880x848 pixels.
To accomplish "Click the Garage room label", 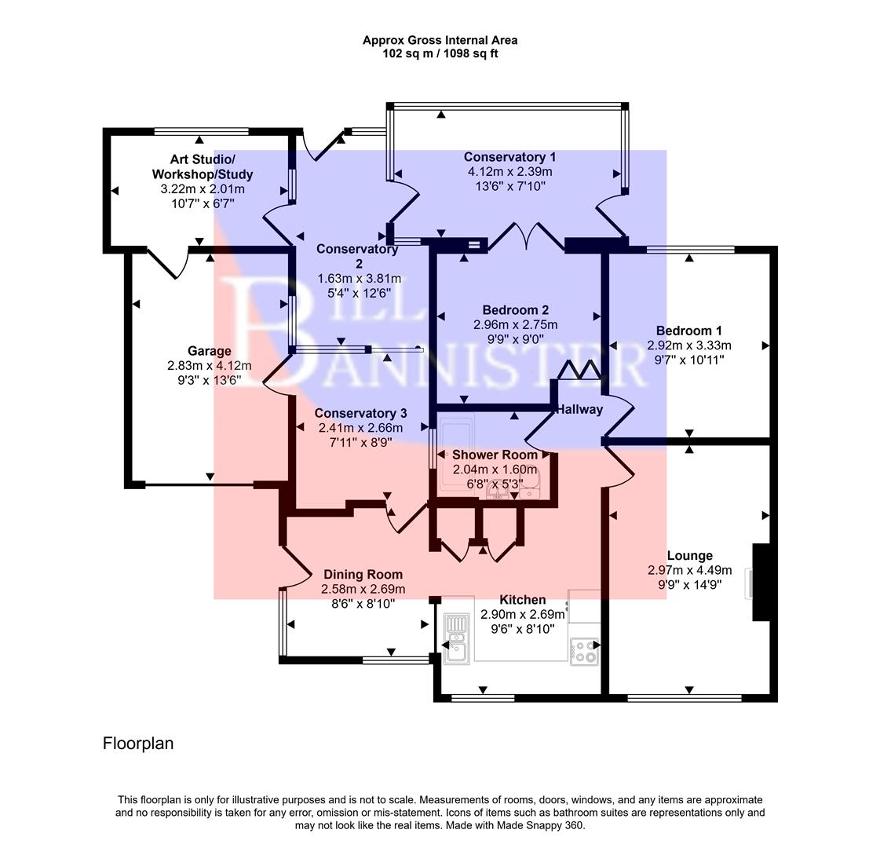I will click(x=209, y=351).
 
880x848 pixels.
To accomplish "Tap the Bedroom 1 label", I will click(x=688, y=331).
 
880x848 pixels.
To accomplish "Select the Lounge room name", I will click(x=689, y=556).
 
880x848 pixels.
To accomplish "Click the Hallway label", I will click(x=579, y=409).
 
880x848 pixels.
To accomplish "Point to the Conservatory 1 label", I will click(x=509, y=157).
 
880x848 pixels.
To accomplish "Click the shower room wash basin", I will click(x=498, y=490).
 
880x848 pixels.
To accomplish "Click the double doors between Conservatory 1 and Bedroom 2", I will click(x=526, y=237).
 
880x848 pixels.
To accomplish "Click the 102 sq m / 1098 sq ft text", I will click(x=440, y=53).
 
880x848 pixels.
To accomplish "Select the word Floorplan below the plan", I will click(x=138, y=743).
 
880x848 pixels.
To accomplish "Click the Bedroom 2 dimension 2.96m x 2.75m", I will click(x=515, y=325).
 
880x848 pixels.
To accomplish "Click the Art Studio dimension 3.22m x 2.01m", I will click(x=203, y=189).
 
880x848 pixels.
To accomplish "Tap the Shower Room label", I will click(x=495, y=455).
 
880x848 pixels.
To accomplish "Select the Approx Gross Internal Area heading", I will click(x=440, y=40).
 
